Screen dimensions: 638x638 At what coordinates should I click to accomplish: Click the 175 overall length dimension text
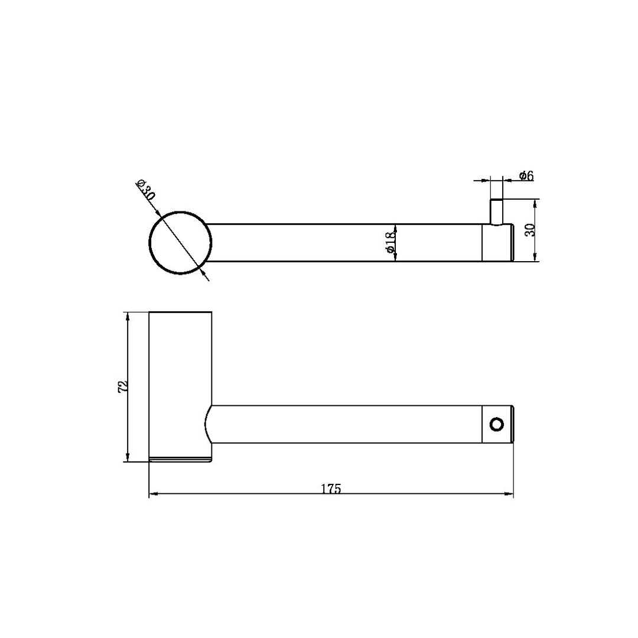331,489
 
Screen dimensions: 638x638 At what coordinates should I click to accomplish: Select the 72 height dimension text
122,386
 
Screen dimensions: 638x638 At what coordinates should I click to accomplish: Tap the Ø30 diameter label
145,189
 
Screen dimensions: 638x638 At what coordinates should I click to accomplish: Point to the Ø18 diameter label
389,242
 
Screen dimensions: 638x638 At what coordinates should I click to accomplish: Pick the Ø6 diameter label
526,175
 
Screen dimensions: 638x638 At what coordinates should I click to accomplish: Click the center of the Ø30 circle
180,242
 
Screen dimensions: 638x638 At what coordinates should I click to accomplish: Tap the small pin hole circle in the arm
497,424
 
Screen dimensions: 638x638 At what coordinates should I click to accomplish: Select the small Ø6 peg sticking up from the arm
496,212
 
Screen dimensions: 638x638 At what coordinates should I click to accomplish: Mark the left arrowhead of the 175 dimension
153,494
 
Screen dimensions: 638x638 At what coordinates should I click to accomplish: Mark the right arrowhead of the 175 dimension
509,494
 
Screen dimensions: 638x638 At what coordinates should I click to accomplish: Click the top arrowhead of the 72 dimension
127,316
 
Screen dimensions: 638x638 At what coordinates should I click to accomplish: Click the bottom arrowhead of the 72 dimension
127,457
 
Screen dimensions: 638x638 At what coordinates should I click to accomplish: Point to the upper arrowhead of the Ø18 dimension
395,228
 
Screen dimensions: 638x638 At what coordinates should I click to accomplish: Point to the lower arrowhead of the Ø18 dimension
395,257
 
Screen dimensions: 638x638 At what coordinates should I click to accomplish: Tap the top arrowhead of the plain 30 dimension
535,204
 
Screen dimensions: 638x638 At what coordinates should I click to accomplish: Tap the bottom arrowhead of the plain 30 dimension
535,257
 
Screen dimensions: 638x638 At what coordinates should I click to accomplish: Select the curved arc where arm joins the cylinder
208,424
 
